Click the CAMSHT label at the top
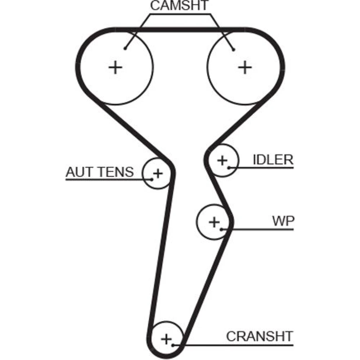179,6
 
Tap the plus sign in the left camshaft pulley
116,67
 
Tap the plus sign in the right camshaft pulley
245,67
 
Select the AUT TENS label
99,172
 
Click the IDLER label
273,160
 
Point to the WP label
283,221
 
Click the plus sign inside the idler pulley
222,160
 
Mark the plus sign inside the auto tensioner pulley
157,174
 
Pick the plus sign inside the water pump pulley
214,222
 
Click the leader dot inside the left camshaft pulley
125,48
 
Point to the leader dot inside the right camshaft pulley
233,49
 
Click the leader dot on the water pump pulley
221,229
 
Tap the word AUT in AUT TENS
77,172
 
